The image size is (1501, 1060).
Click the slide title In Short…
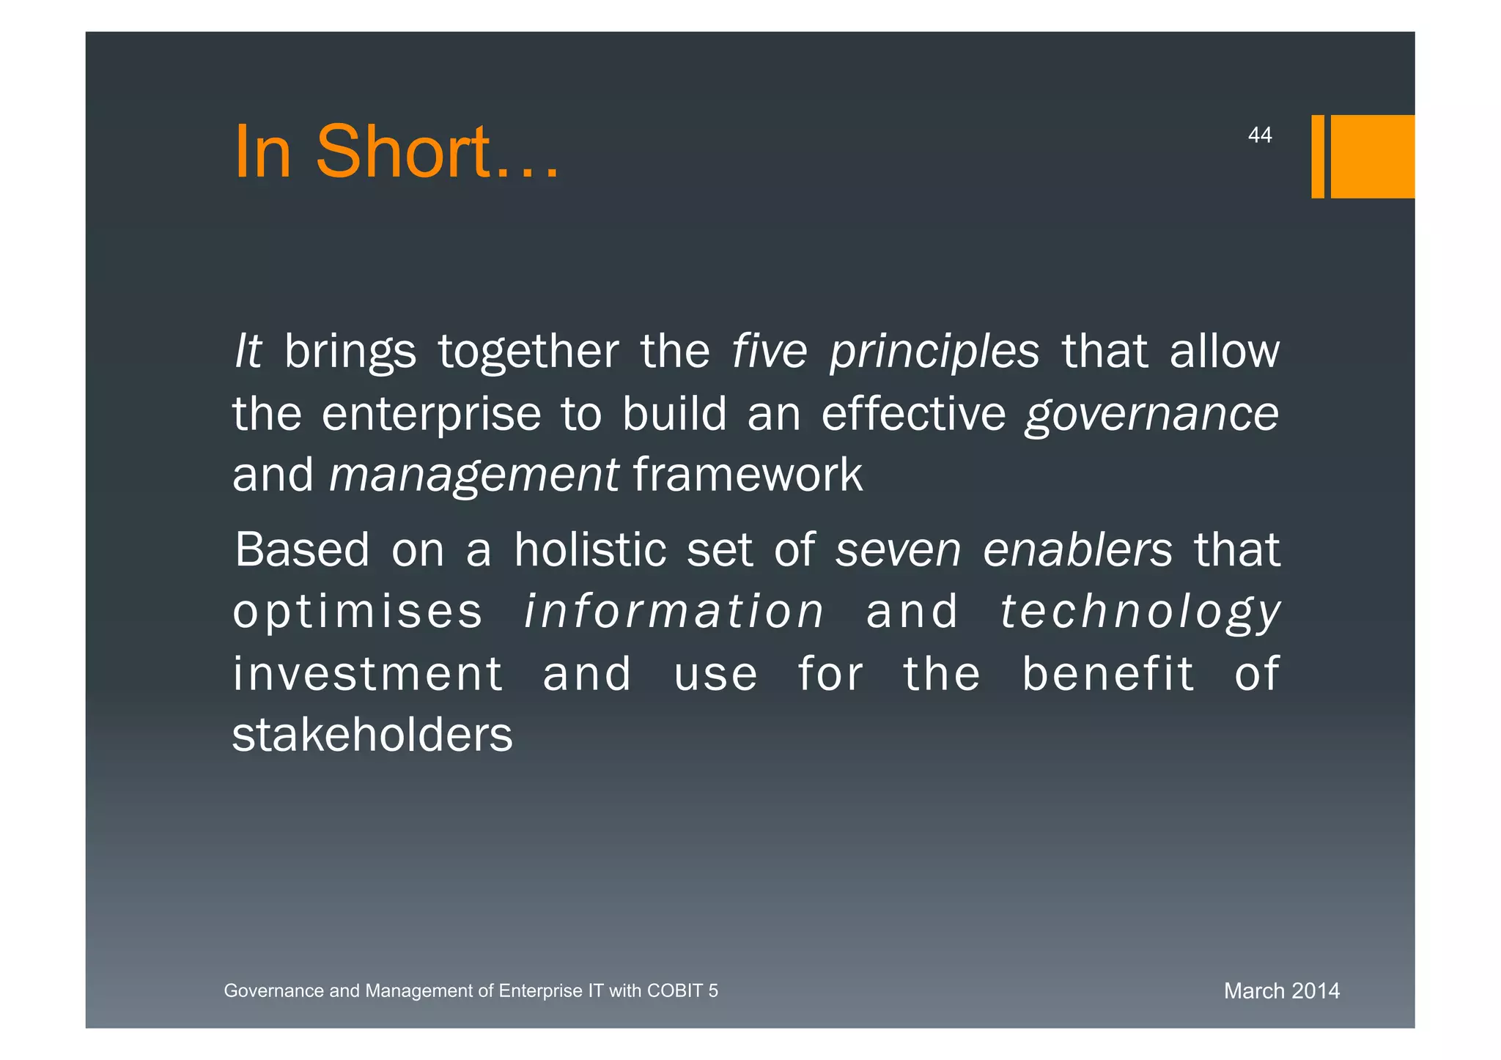tap(396, 152)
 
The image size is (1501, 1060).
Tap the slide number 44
tap(1259, 136)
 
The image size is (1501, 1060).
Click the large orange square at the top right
tap(1372, 156)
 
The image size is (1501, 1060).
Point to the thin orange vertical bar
tap(1317, 156)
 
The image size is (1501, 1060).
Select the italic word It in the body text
tap(248, 351)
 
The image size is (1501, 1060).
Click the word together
tap(528, 352)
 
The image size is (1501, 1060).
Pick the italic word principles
tap(934, 352)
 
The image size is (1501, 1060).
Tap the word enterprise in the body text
tap(431, 415)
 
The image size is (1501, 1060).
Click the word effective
tap(913, 414)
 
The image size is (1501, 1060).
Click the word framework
tap(748, 475)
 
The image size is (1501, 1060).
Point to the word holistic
tap(590, 549)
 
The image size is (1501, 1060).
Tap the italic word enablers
tap(1077, 549)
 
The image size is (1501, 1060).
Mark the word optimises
tap(358, 612)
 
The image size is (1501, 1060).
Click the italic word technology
tap(1140, 612)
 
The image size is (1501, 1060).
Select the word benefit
tap(1108, 674)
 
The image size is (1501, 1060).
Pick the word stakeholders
tap(372, 735)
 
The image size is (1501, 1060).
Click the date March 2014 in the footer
tap(1281, 991)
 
